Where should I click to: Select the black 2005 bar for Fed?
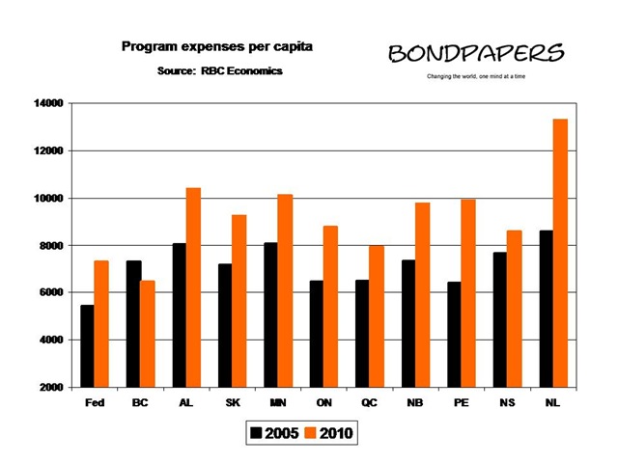pyautogui.click(x=87, y=346)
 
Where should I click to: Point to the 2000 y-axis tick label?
pyautogui.click(x=51, y=388)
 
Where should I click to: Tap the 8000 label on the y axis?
pyautogui.click(x=51, y=246)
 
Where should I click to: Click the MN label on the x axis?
pyautogui.click(x=277, y=404)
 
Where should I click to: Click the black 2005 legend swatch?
pyautogui.click(x=257, y=434)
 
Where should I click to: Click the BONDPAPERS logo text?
pyautogui.click(x=476, y=53)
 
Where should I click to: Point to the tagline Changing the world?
pyautogui.click(x=475, y=76)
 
